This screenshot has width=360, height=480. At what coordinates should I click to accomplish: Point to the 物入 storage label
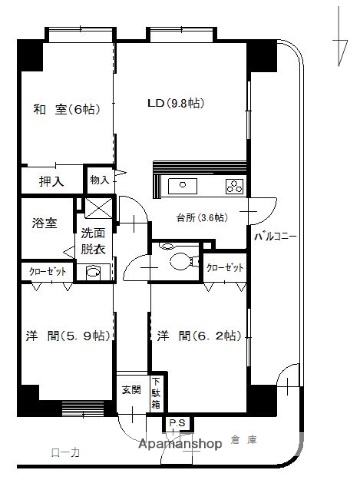100,180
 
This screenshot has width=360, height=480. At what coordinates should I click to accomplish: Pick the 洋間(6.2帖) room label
197,337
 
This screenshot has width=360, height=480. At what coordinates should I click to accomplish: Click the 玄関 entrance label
131,389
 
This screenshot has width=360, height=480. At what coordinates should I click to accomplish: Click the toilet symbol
181,263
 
